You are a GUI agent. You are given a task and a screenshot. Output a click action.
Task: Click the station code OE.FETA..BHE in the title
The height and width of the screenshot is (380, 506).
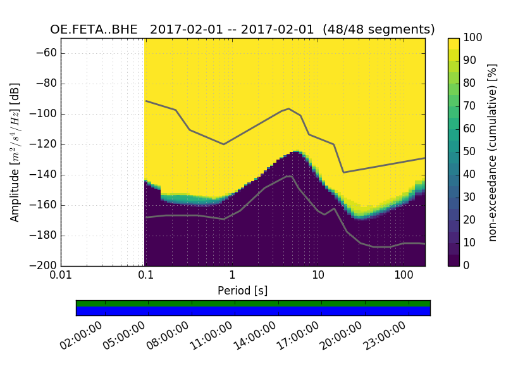pyautogui.click(x=96, y=29)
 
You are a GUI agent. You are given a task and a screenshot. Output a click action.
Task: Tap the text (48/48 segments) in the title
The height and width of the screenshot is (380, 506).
pyautogui.click(x=378, y=29)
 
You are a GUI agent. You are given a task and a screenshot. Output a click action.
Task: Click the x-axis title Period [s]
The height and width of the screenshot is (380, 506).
pyautogui.click(x=243, y=291)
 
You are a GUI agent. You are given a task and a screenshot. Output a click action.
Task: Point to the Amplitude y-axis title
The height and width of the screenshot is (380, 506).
pyautogui.click(x=15, y=152)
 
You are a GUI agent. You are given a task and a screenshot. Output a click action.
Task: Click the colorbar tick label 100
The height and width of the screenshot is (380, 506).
pyautogui.click(x=473, y=38)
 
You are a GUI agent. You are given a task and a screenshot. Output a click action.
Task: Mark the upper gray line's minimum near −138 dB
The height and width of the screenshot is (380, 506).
pyautogui.click(x=343, y=172)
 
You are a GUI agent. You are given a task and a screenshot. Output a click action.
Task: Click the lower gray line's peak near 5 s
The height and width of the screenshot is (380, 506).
pyautogui.click(x=289, y=176)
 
